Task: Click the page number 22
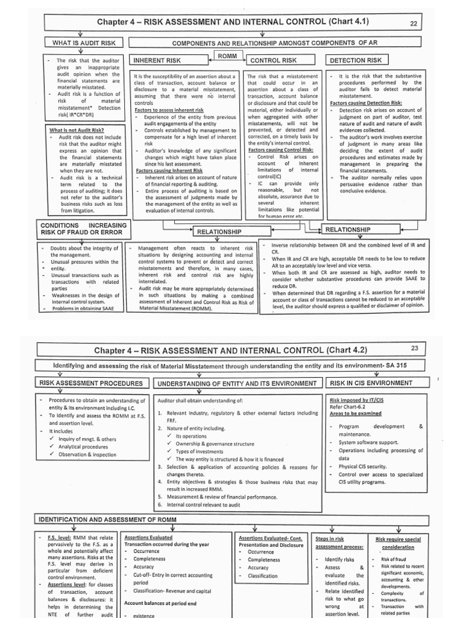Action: (430, 24)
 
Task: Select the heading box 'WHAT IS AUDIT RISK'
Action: (87, 43)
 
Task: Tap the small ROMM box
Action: (230, 56)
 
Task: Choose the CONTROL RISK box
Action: (274, 61)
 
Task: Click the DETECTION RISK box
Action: (357, 60)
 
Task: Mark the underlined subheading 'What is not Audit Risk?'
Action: (76, 130)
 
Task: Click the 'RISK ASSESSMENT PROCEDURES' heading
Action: (91, 383)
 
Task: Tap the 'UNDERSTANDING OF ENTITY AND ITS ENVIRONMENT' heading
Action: (236, 384)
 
